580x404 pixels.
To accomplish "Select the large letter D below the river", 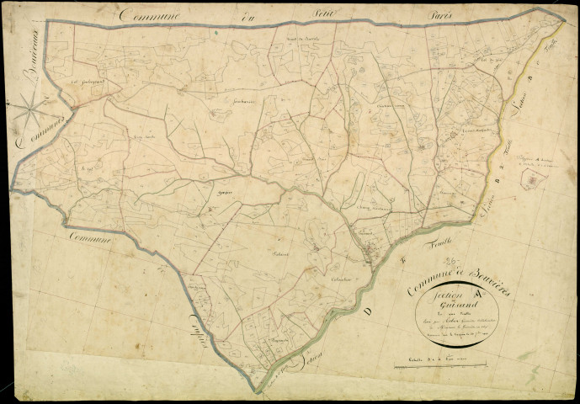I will (x=386, y=266).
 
